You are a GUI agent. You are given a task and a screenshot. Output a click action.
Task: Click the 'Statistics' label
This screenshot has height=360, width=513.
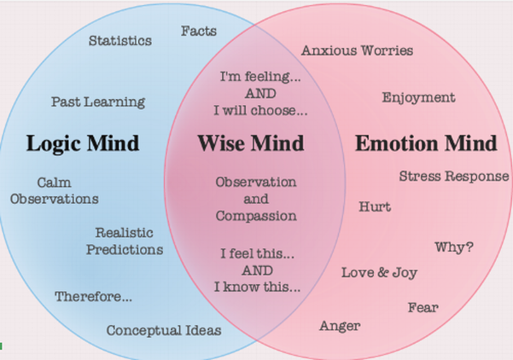pyautogui.click(x=120, y=40)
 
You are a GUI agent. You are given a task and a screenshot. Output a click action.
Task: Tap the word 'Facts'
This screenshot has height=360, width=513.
pyautogui.click(x=199, y=31)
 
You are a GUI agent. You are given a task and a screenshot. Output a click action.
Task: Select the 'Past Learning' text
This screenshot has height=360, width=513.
pyautogui.click(x=98, y=102)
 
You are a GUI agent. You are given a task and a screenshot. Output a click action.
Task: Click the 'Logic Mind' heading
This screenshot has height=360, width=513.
pyautogui.click(x=83, y=142)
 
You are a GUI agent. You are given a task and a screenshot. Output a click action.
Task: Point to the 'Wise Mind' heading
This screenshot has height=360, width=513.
pyautogui.click(x=252, y=142)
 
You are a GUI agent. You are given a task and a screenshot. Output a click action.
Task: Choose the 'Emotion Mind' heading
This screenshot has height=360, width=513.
pyautogui.click(x=426, y=142)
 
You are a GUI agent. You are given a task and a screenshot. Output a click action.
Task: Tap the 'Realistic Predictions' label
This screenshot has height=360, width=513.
pyautogui.click(x=128, y=241)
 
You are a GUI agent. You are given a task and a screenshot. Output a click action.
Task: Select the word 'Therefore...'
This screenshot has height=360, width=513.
pyautogui.click(x=94, y=297)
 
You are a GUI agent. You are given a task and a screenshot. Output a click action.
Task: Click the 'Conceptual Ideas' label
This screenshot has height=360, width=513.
pyautogui.click(x=164, y=330)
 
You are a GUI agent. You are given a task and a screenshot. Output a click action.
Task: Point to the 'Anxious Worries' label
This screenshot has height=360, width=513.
pyautogui.click(x=357, y=50)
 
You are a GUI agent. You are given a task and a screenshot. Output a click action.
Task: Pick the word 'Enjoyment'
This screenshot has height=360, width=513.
pyautogui.click(x=418, y=97)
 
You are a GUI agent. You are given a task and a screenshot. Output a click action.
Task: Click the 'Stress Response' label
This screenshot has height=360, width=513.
pyautogui.click(x=454, y=177)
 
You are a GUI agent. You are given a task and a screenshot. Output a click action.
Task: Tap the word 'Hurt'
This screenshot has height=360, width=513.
pyautogui.click(x=375, y=206)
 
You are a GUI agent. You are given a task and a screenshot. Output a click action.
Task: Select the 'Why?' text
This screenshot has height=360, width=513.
pyautogui.click(x=454, y=247)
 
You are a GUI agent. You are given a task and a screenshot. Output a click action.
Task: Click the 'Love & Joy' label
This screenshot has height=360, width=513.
pyautogui.click(x=379, y=273)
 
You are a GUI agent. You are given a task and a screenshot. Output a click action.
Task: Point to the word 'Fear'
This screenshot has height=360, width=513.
pyautogui.click(x=423, y=306)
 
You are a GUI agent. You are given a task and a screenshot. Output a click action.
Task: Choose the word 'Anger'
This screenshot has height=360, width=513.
pyautogui.click(x=340, y=325)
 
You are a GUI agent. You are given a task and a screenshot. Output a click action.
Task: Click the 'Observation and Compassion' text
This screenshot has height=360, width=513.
pyautogui.click(x=256, y=199)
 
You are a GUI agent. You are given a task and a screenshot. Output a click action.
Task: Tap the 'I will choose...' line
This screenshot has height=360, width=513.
pyautogui.click(x=260, y=111)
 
